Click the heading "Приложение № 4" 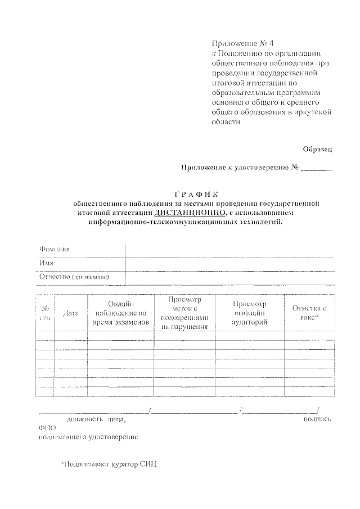(x=235, y=43)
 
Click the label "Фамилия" (x=55, y=249)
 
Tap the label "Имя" (x=46, y=263)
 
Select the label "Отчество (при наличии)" (x=74, y=277)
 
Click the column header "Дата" (x=71, y=313)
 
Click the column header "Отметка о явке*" (x=309, y=313)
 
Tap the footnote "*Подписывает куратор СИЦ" (x=109, y=465)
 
